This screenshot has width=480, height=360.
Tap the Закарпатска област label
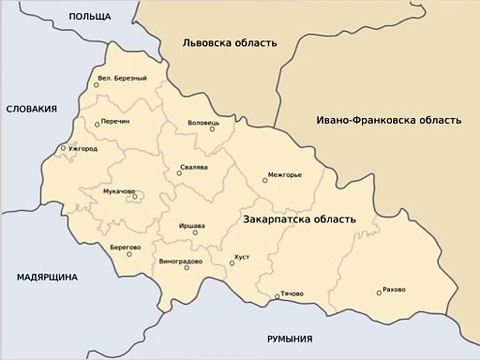point(299,218)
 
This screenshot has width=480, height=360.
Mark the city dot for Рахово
point(379,293)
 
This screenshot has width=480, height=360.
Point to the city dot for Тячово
point(277,296)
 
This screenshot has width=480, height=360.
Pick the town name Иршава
point(191,224)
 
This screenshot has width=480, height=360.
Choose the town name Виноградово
point(180,261)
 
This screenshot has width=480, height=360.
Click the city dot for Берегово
point(129,254)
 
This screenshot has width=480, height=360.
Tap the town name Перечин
point(115,124)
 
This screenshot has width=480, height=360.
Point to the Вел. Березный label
point(122,78)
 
